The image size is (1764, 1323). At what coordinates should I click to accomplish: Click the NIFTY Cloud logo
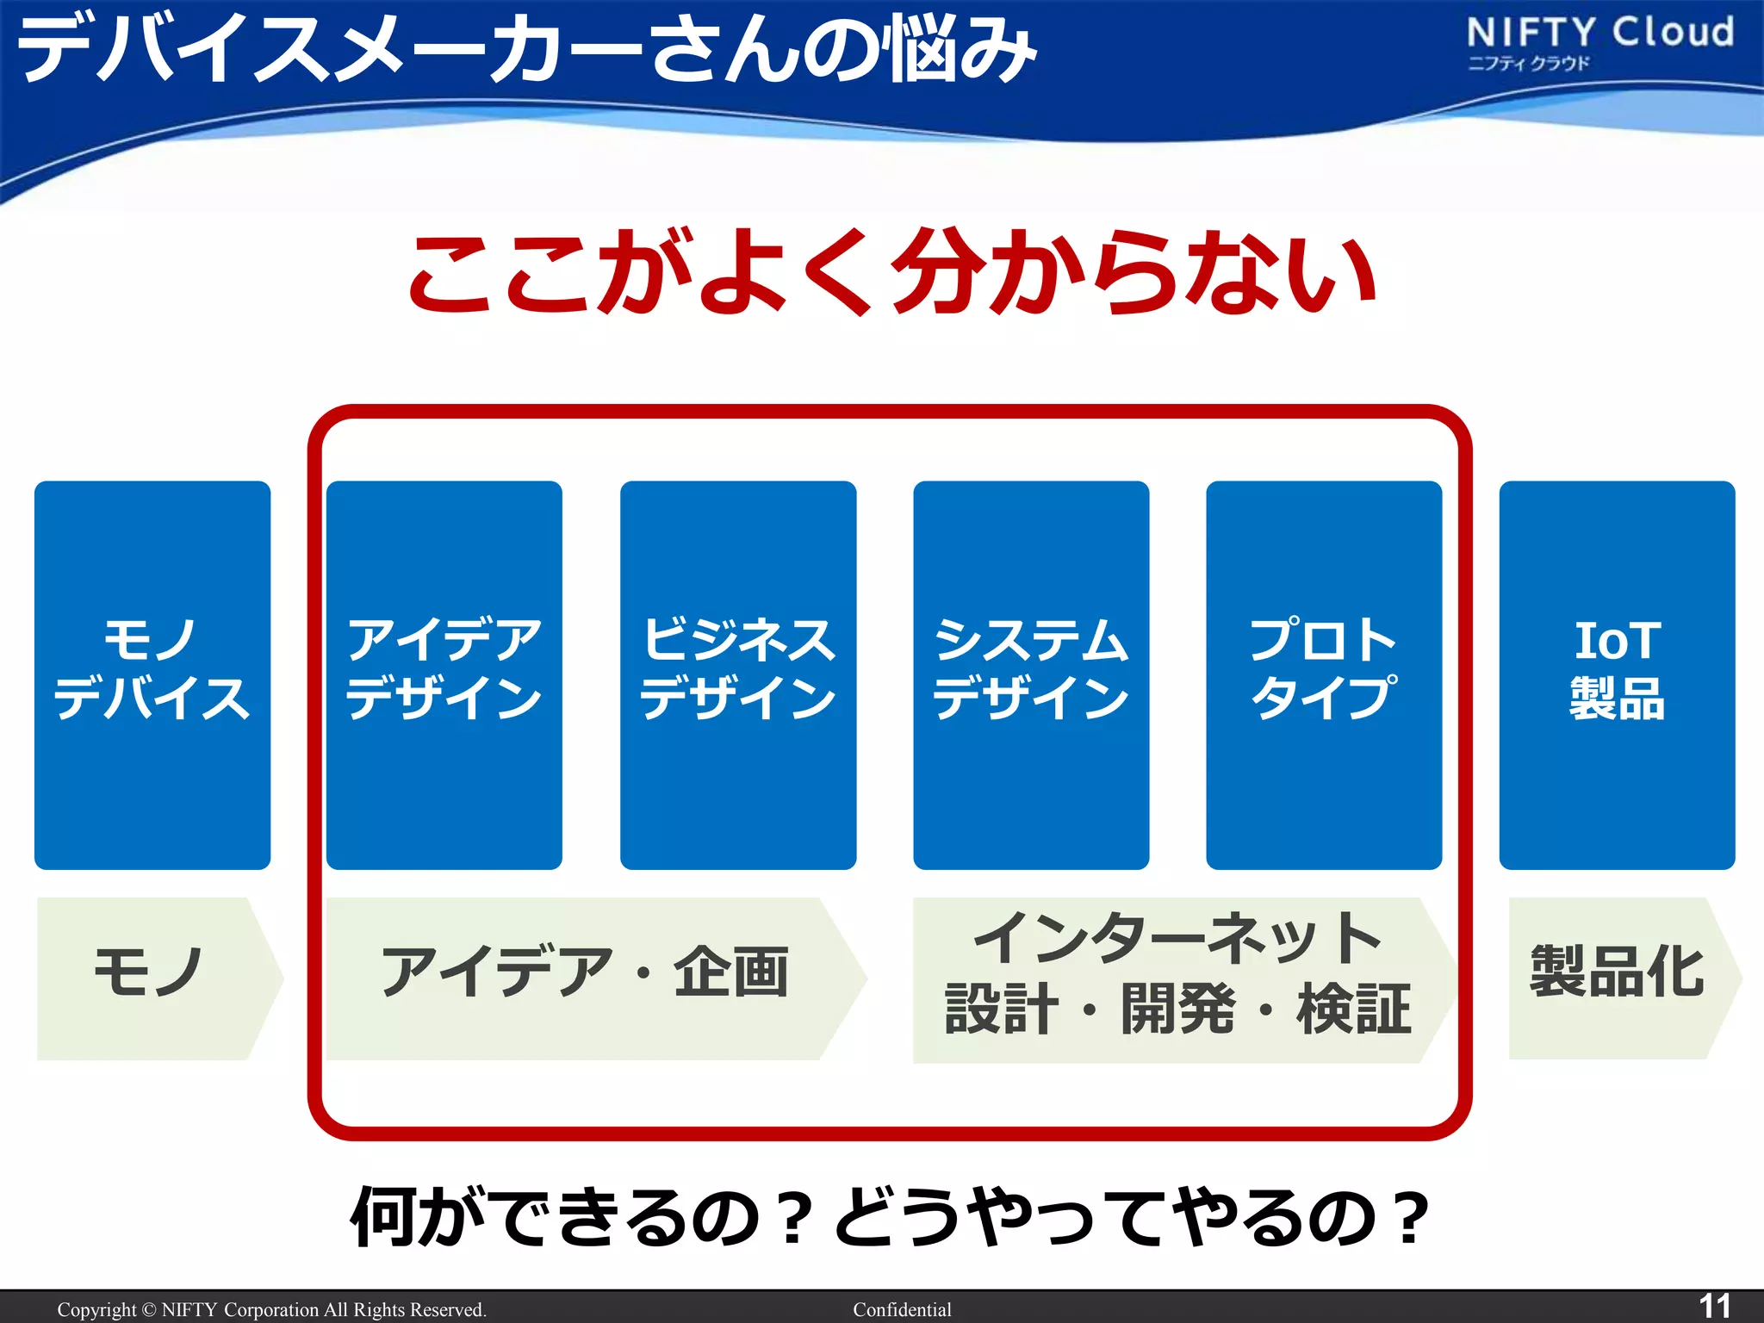(1599, 34)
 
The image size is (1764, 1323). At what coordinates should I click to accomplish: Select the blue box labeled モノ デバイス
(152, 674)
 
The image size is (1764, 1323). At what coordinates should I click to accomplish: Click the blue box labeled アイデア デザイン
(444, 674)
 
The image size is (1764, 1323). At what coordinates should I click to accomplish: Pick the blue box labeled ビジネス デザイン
(738, 674)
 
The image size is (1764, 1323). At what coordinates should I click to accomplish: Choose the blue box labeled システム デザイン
(1031, 674)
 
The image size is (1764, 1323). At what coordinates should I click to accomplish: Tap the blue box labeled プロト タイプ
(1324, 674)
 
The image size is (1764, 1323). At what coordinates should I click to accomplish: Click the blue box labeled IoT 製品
(1617, 674)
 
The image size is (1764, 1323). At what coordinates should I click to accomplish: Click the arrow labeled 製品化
(1618, 973)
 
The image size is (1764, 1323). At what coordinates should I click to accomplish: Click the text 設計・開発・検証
(1177, 1009)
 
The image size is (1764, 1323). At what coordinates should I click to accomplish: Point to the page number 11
(1713, 1305)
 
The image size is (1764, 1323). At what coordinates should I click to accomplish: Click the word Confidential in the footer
(902, 1310)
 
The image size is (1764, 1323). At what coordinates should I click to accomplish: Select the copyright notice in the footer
(271, 1310)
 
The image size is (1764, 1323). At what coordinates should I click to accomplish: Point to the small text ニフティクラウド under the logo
(1528, 64)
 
